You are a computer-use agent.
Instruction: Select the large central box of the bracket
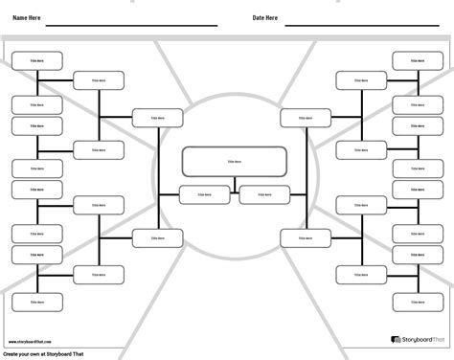coord(234,162)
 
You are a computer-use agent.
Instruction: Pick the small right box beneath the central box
coord(263,194)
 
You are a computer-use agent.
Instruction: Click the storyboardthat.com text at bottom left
coord(34,341)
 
